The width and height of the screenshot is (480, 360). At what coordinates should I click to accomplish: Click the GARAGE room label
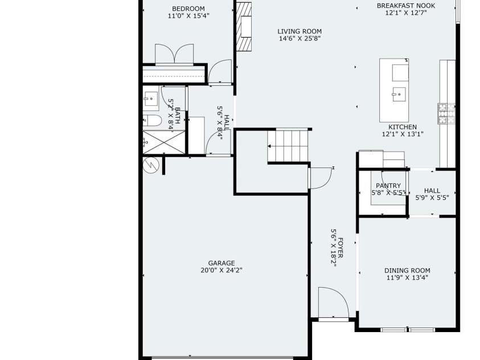click(221, 263)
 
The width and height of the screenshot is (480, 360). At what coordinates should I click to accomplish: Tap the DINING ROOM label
click(407, 271)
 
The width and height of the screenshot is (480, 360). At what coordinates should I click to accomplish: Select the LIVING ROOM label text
click(300, 31)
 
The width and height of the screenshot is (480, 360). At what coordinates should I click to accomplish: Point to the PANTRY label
click(388, 186)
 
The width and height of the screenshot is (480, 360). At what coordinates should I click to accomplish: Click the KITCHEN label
click(403, 127)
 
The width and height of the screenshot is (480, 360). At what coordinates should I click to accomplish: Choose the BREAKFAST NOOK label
click(406, 6)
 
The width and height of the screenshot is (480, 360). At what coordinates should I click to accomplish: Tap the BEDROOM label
click(188, 9)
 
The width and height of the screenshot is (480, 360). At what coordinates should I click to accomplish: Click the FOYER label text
click(340, 248)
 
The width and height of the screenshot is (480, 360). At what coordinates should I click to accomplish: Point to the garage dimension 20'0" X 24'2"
click(221, 271)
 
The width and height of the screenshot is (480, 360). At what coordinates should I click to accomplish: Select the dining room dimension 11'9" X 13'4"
click(407, 277)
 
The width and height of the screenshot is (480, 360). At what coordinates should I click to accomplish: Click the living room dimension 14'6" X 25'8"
click(300, 39)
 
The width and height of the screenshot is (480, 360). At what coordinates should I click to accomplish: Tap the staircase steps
click(288, 146)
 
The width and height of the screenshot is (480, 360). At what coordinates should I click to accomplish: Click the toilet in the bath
click(152, 121)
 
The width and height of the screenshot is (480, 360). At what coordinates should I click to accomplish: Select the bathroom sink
click(151, 99)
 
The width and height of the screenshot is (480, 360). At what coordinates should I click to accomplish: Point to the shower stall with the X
click(164, 142)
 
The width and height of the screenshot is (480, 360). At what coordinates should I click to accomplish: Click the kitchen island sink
click(399, 95)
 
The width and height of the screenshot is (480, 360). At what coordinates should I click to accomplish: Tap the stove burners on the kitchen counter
click(446, 113)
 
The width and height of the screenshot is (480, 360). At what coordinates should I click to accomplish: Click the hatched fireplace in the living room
click(244, 27)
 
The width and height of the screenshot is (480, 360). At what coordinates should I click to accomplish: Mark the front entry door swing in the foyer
click(333, 303)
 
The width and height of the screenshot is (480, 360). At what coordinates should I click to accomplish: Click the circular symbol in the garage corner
click(151, 165)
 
